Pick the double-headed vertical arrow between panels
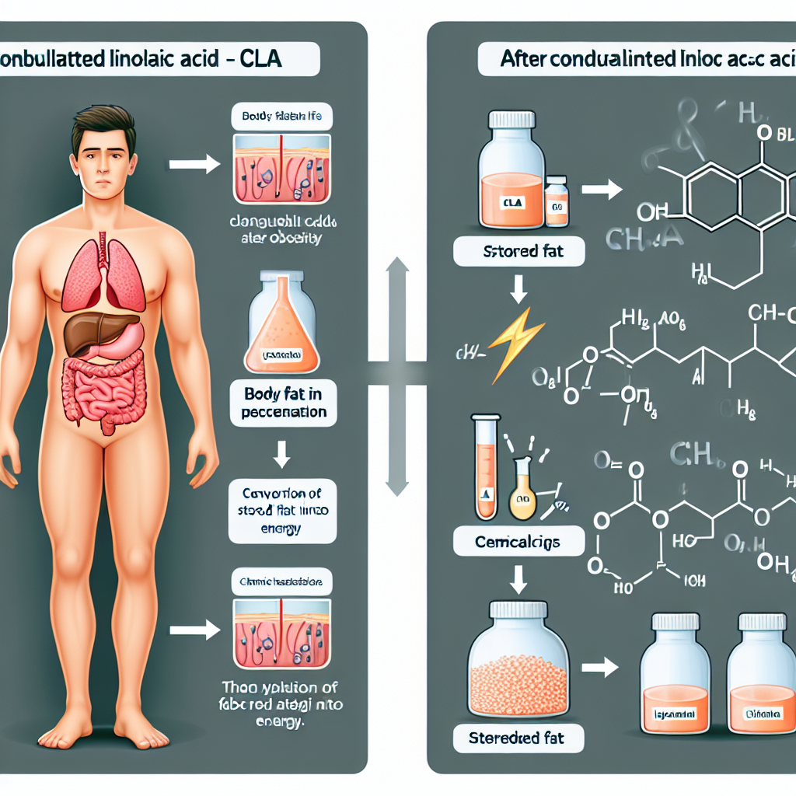[397, 378]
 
